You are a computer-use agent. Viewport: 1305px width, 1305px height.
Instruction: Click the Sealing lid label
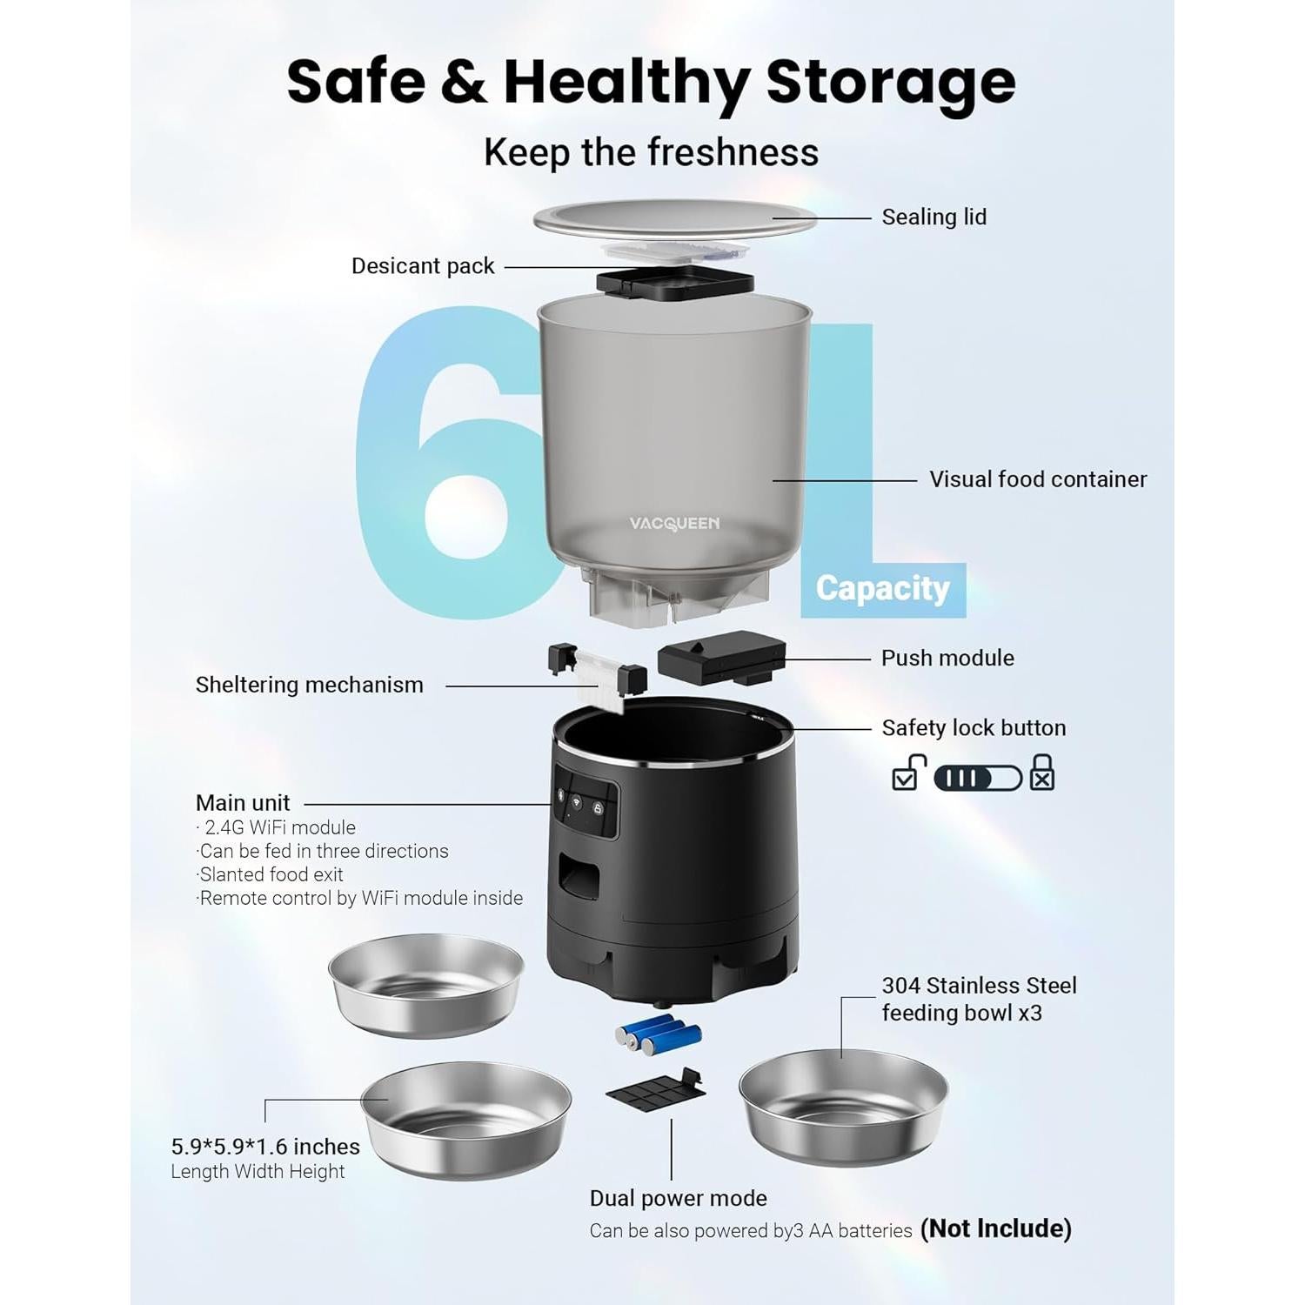934,217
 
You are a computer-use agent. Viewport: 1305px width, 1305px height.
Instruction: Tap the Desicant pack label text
423,266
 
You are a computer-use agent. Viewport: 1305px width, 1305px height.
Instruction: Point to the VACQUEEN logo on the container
674,523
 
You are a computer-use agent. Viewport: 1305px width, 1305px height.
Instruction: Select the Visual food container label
1037,479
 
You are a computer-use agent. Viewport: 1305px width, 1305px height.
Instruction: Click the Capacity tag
882,589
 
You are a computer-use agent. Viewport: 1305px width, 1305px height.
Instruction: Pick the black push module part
720,658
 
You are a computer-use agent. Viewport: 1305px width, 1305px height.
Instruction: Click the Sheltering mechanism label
309,686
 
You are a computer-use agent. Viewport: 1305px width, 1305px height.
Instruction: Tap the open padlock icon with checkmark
907,772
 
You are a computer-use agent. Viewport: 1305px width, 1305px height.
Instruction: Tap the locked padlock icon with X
1041,773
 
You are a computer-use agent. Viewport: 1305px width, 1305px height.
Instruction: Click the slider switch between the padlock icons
977,778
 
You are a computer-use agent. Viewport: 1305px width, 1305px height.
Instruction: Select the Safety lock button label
973,728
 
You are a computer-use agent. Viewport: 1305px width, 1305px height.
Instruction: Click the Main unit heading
243,803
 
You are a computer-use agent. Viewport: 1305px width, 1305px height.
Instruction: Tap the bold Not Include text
995,1228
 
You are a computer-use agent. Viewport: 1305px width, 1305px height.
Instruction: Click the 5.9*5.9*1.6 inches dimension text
265,1147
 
